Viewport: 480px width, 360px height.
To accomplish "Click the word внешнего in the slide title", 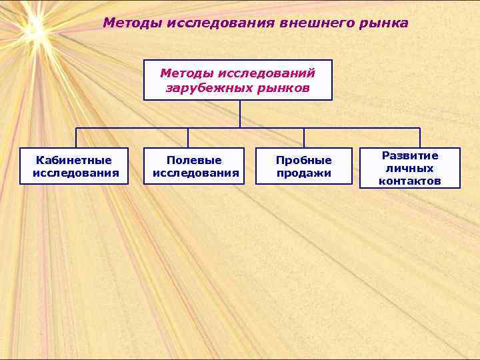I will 317,23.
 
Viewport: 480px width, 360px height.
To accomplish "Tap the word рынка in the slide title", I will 383,23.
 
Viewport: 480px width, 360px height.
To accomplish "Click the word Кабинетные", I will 74,160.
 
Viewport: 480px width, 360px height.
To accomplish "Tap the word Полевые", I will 195,160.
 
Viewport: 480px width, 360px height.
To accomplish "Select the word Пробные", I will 304,160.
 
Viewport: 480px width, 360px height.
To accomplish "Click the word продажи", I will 304,173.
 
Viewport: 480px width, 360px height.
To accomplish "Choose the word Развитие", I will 410,155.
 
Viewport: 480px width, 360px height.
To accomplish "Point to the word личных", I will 410,168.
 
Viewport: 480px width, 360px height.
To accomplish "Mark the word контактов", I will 410,181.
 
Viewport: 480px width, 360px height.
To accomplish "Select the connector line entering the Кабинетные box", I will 76,138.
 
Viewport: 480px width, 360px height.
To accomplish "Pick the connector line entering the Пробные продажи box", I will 304,138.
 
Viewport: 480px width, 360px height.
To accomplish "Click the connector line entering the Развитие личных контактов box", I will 420,138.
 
